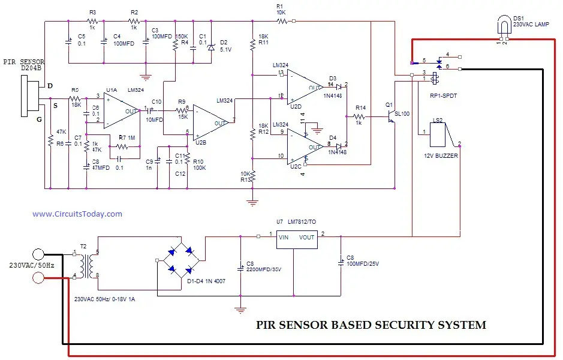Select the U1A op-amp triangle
tap(119, 110)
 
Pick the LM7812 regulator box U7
tap(296, 238)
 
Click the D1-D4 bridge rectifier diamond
tap(179, 259)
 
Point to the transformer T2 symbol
tap(86, 264)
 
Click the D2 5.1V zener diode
tap(210, 46)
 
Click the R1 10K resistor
tap(279, 21)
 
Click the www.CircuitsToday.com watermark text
tap(77, 214)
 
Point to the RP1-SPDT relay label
tap(443, 94)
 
